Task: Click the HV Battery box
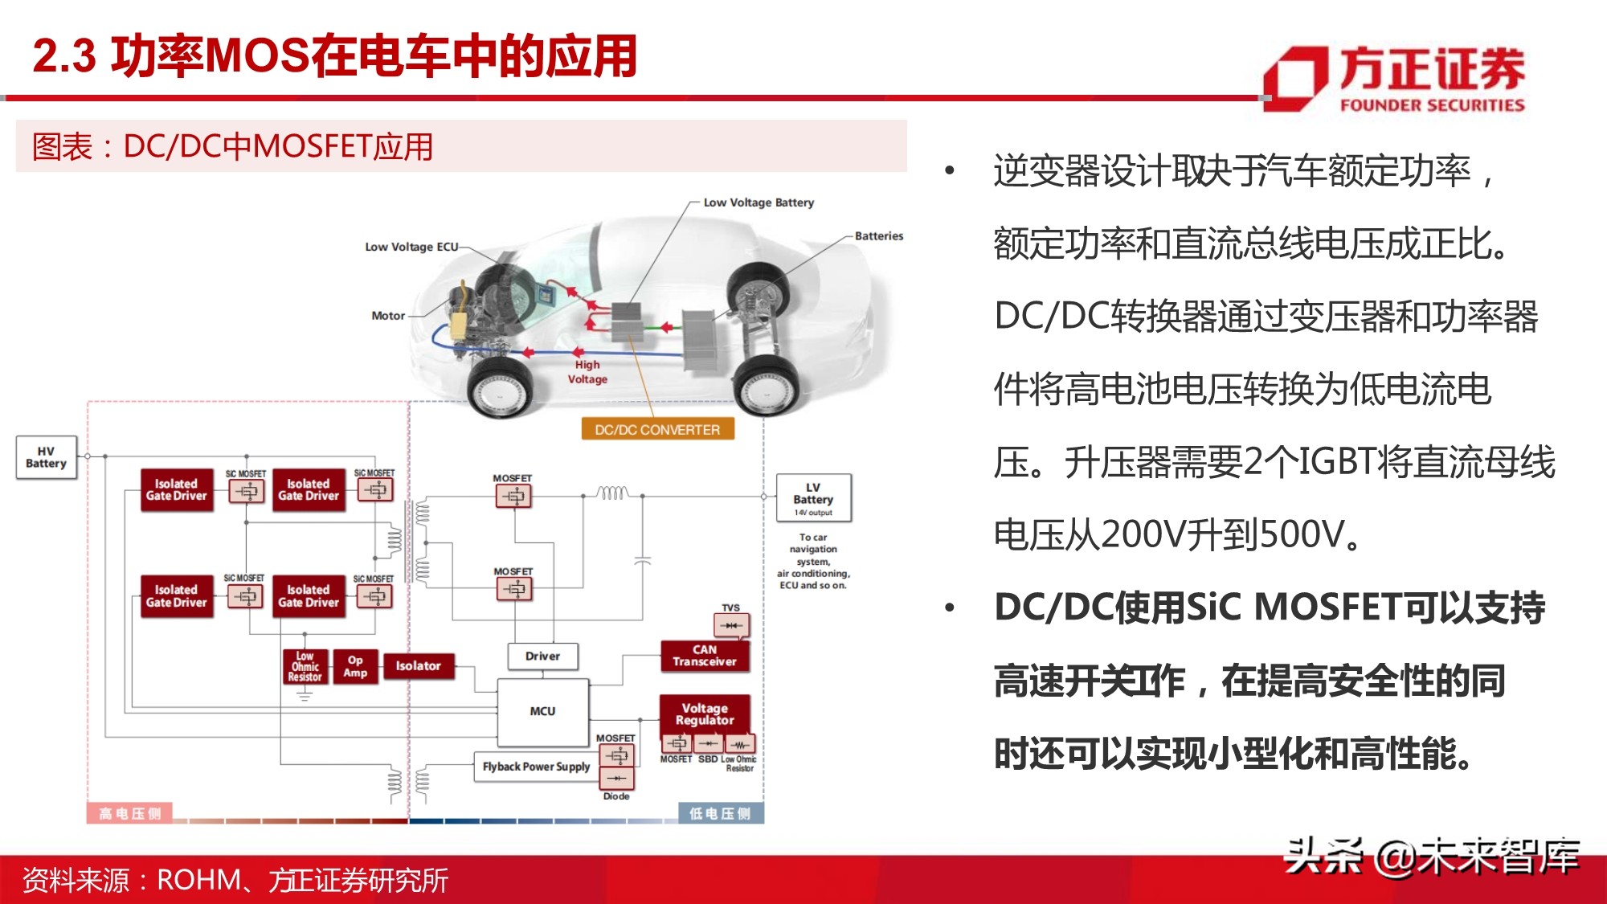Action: click(x=47, y=457)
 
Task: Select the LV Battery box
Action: click(x=813, y=498)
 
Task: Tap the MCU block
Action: click(x=542, y=712)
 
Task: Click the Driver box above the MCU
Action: click(x=542, y=656)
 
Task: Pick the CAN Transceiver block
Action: click(x=704, y=656)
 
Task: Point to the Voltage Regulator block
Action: click(x=704, y=714)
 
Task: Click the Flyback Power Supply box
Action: click(x=535, y=767)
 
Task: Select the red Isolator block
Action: click(x=418, y=665)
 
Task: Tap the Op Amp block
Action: click(x=355, y=666)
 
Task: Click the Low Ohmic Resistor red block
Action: click(x=305, y=667)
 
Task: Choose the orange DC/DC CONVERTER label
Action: click(x=657, y=430)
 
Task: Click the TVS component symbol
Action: click(x=730, y=625)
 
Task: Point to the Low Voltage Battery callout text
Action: click(x=759, y=202)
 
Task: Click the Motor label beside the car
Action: click(x=388, y=316)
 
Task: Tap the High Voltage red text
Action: click(x=587, y=372)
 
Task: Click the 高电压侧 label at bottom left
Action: click(x=129, y=813)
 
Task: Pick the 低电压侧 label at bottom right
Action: click(x=720, y=813)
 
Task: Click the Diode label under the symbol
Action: click(x=616, y=796)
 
